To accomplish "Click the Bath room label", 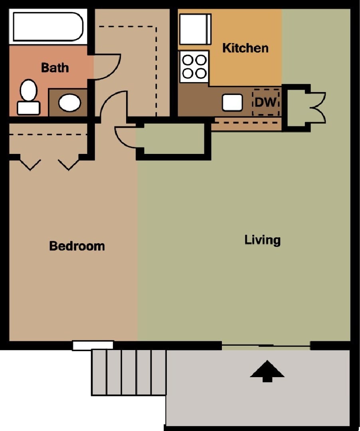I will [x=55, y=67].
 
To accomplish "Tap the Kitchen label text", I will [x=245, y=48].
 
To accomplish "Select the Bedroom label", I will [x=77, y=246].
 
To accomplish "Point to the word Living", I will [x=262, y=240].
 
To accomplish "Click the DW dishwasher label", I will [x=265, y=102].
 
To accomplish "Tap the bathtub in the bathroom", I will [x=47, y=26].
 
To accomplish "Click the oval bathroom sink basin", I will [x=69, y=102].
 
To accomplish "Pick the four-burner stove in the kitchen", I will [x=194, y=66].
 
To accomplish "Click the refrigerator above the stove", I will [x=195, y=30].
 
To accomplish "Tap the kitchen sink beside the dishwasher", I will [x=232, y=102].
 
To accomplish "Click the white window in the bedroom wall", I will [x=93, y=345].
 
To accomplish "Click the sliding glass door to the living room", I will [x=266, y=345].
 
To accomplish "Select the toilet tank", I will [x=28, y=108].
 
